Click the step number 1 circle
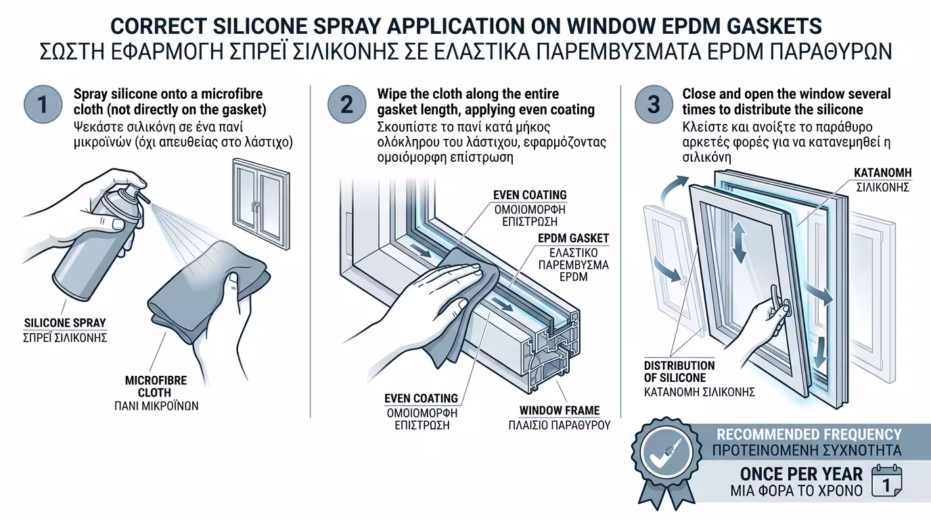[x=43, y=104]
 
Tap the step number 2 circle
[x=347, y=104]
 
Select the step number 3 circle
[x=654, y=104]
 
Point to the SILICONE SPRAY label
[x=65, y=323]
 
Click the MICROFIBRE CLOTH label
[x=156, y=387]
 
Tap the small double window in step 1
[x=261, y=204]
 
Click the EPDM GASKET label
[x=573, y=238]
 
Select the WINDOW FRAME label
[x=560, y=410]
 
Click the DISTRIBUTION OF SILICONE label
[x=679, y=372]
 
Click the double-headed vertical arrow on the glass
[x=739, y=242]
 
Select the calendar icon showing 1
[x=886, y=481]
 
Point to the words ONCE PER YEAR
[x=801, y=474]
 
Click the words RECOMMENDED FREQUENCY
[x=809, y=435]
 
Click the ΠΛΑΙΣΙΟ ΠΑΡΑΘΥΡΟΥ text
[x=560, y=425]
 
